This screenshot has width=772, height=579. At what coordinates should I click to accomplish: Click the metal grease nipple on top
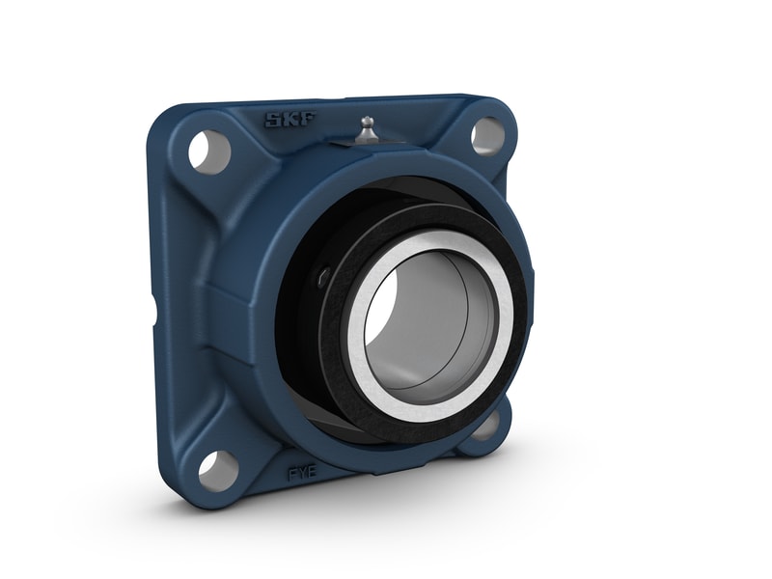pos(366,130)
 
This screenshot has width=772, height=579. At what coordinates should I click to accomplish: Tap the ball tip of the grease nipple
pos(366,121)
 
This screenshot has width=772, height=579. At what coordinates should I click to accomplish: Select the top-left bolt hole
pos(208,151)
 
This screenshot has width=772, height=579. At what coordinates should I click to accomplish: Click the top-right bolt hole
pos(487,136)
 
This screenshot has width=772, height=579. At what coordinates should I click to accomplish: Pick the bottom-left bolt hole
pos(218,470)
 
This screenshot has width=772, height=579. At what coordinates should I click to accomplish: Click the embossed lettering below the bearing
pos(300,474)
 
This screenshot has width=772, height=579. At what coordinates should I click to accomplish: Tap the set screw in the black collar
pos(323,278)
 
